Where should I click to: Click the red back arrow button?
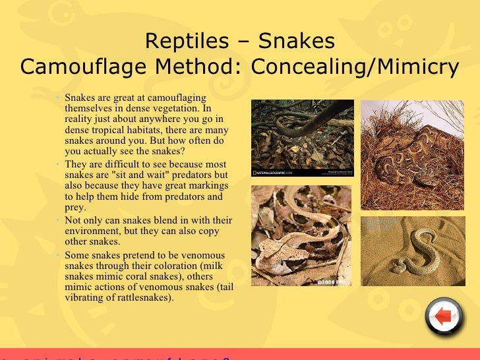pyautogui.click(x=444, y=317)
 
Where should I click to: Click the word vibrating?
pyautogui.click(x=87, y=297)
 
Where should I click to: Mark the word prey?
pyautogui.click(x=75, y=207)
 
